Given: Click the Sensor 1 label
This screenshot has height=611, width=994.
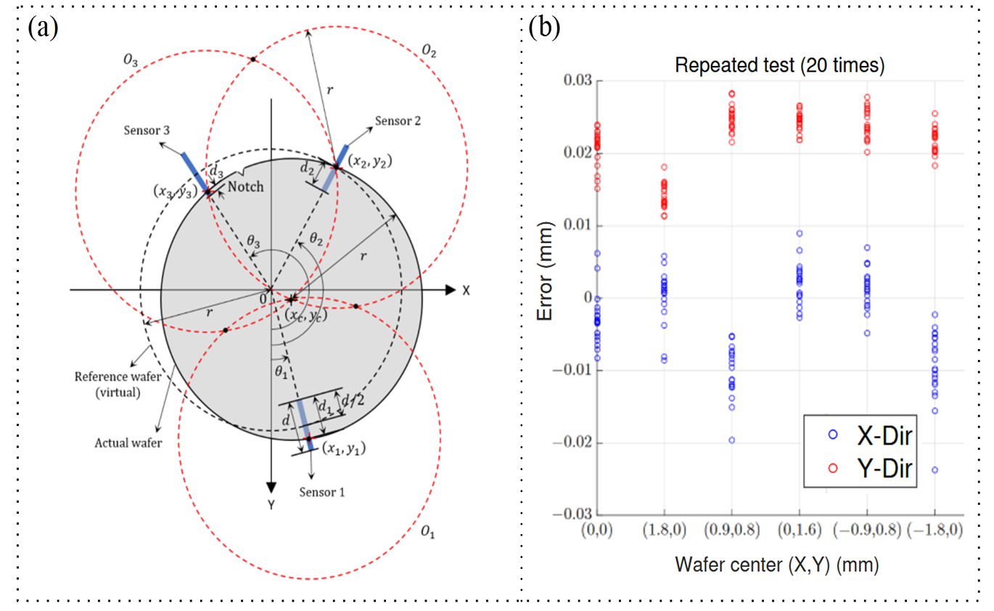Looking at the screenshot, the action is tap(321, 492).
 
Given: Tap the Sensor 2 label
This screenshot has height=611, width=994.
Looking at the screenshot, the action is tap(398, 120).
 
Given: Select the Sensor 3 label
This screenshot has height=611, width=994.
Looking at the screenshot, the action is tap(147, 130).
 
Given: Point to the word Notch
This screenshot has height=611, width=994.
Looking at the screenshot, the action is tap(245, 186).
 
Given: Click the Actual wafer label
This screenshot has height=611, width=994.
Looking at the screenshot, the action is tap(128, 443).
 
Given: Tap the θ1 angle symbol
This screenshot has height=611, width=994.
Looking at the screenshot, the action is tap(281, 372).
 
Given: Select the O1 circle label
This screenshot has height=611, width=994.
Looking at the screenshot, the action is tap(428, 532).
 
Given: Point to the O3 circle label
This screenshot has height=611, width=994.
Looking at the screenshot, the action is tap(131, 60).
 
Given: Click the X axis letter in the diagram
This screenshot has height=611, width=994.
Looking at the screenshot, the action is tap(466, 291).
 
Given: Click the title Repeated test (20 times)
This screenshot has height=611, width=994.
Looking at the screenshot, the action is tap(780, 65).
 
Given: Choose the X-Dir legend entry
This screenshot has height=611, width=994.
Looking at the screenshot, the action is tap(870, 435).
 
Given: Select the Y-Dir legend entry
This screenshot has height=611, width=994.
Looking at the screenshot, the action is tap(870, 468).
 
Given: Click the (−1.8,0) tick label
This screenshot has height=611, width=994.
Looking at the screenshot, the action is tap(935, 530).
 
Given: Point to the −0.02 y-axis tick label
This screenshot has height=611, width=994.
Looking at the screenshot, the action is tap(572, 443).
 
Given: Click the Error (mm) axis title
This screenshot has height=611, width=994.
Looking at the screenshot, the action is tap(545, 271).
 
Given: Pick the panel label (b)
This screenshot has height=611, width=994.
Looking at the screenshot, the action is tap(544, 28).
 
